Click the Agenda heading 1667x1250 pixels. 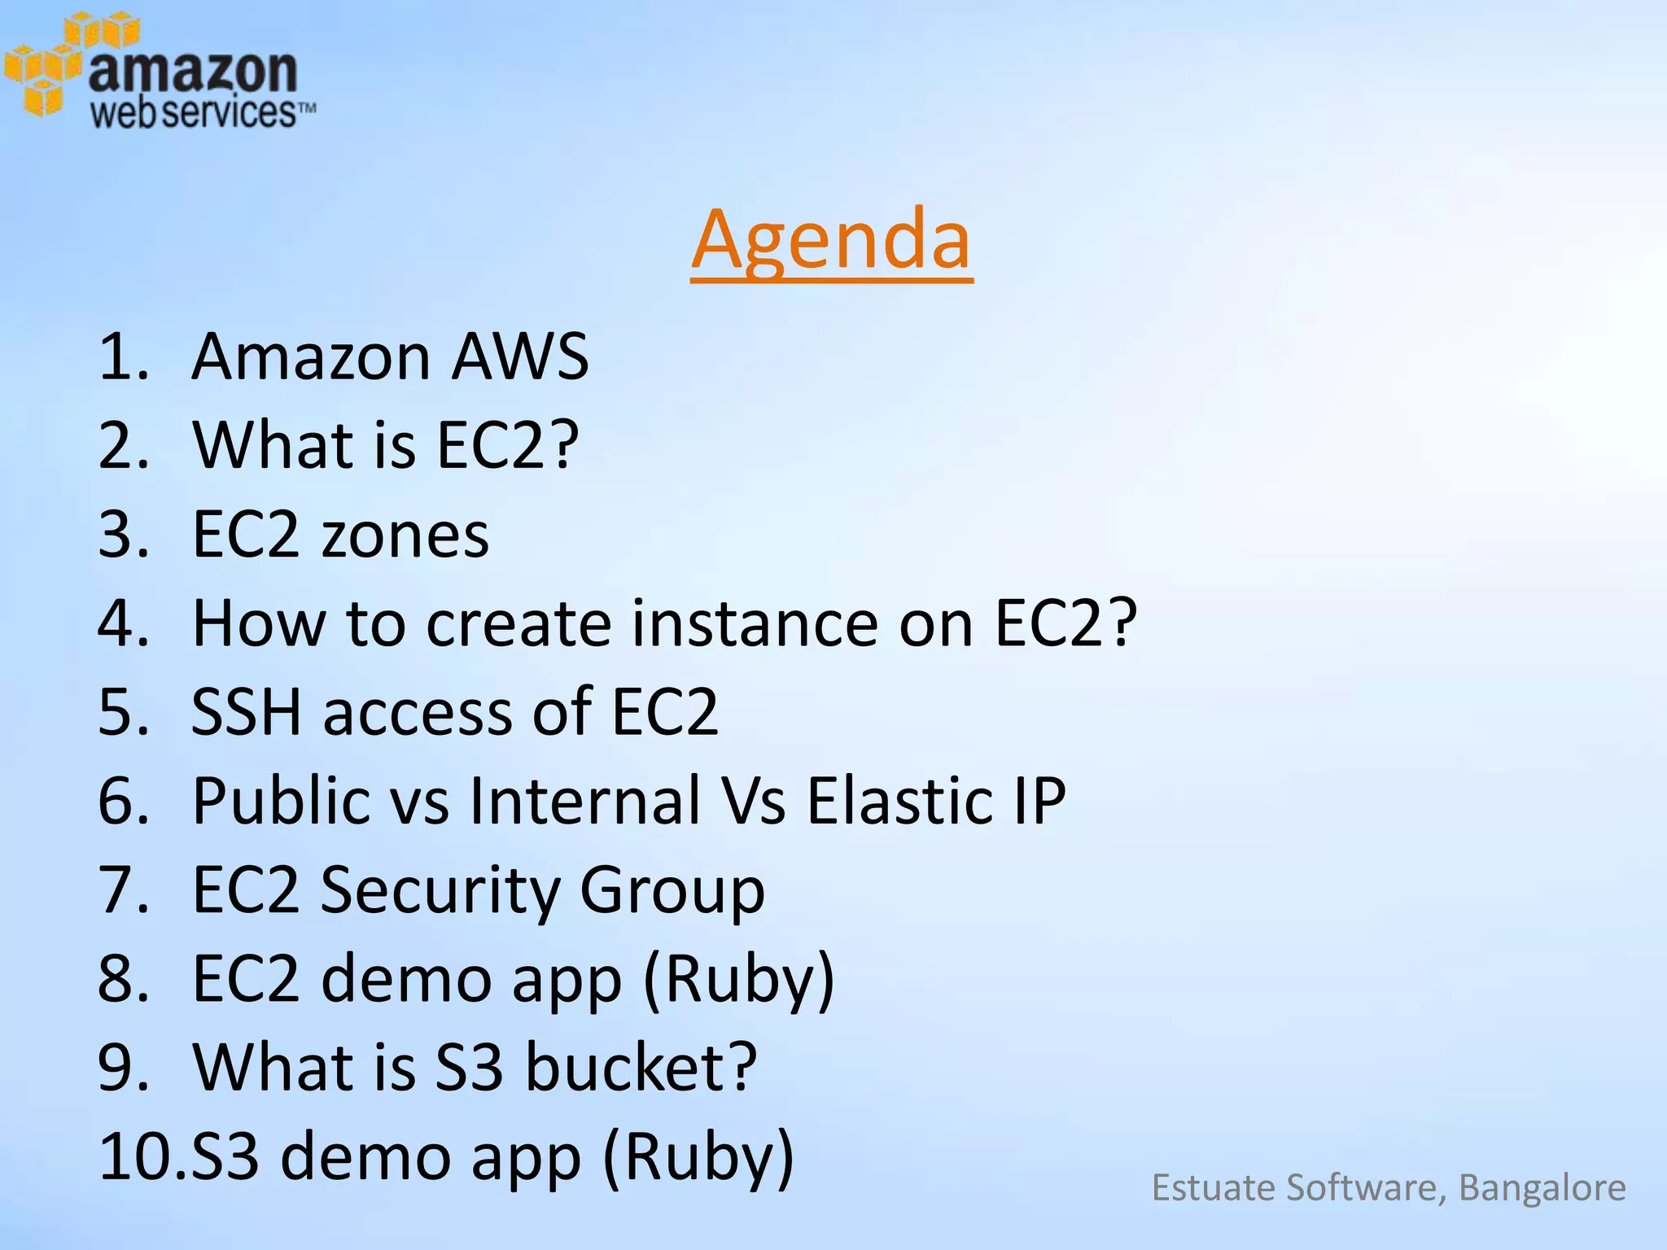(x=831, y=240)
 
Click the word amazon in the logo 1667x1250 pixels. (x=192, y=72)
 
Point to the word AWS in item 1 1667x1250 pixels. (x=519, y=356)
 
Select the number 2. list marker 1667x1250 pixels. (x=123, y=445)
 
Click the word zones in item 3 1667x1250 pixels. (x=405, y=535)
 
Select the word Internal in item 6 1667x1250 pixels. (x=585, y=801)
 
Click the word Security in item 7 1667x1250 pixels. (x=440, y=889)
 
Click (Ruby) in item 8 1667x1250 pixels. (x=738, y=979)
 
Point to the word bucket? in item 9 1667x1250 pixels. (x=641, y=1067)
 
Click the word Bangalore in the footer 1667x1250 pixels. (x=1542, y=1188)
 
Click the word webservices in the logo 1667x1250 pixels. (x=193, y=113)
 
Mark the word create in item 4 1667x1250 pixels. (x=518, y=623)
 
